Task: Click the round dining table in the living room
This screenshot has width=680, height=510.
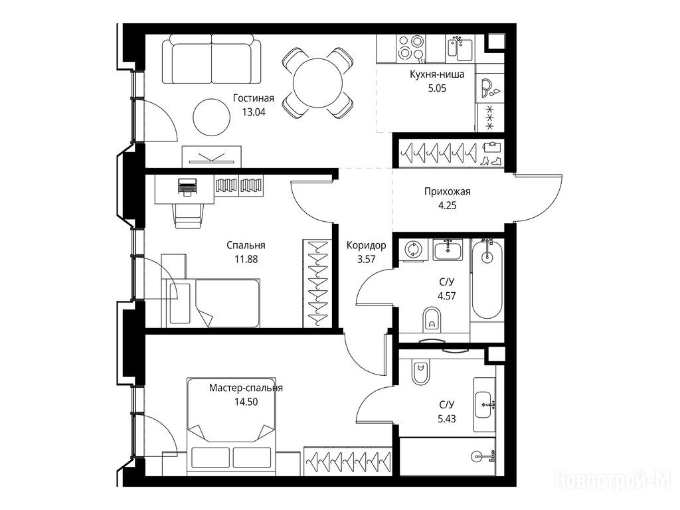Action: coord(317,82)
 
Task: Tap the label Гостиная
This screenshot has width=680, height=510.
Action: coord(254,98)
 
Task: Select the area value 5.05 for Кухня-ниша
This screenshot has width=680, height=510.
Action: coord(437,88)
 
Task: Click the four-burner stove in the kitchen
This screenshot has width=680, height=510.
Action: coord(410,47)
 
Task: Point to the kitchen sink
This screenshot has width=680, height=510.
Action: coord(460,48)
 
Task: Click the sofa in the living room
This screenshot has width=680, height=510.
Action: coord(212,59)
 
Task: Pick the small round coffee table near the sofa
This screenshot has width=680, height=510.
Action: coord(212,117)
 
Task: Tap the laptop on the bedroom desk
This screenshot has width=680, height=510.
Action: coord(187,187)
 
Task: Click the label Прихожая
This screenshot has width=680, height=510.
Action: coord(447,191)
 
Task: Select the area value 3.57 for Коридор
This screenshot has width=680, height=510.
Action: coord(366,260)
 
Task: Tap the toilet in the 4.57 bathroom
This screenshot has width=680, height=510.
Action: coord(432,319)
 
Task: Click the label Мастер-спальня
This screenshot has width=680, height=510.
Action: coord(246,388)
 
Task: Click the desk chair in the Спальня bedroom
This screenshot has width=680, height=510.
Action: coord(189,216)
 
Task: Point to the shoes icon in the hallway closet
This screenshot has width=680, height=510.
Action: coord(492,161)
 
